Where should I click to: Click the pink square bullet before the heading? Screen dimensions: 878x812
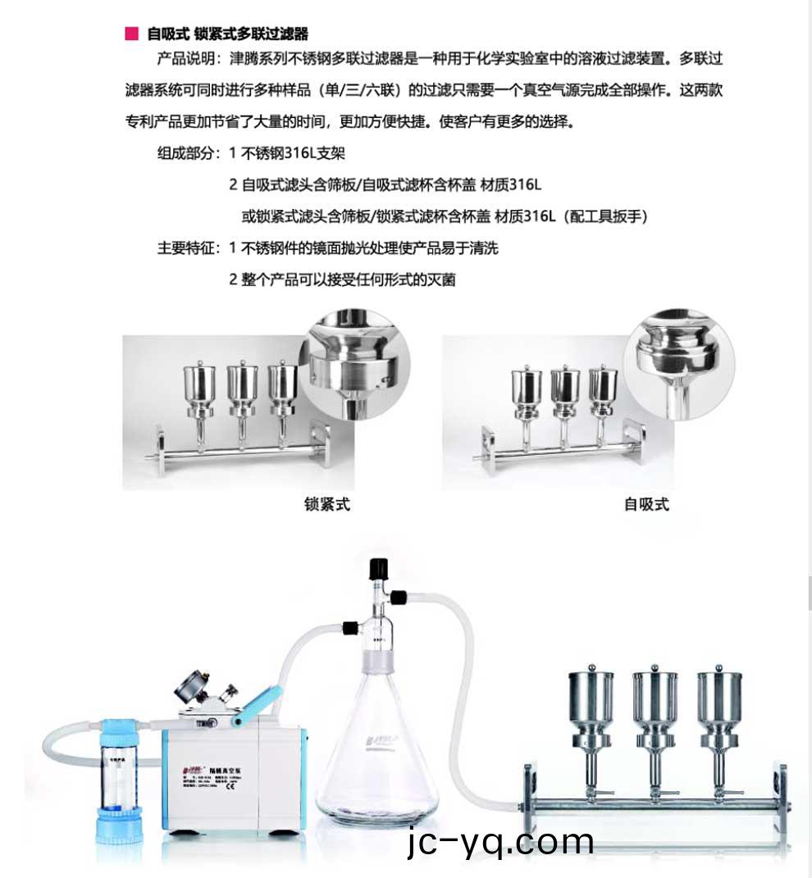coord(130,34)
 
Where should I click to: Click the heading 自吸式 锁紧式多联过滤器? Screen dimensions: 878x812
coord(227,34)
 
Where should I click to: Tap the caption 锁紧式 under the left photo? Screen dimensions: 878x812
coord(326,505)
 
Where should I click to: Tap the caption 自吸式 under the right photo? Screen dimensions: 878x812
coord(646,505)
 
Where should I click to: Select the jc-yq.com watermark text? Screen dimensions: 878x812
coord(500,842)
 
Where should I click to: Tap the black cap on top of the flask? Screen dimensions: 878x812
coord(378,567)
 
